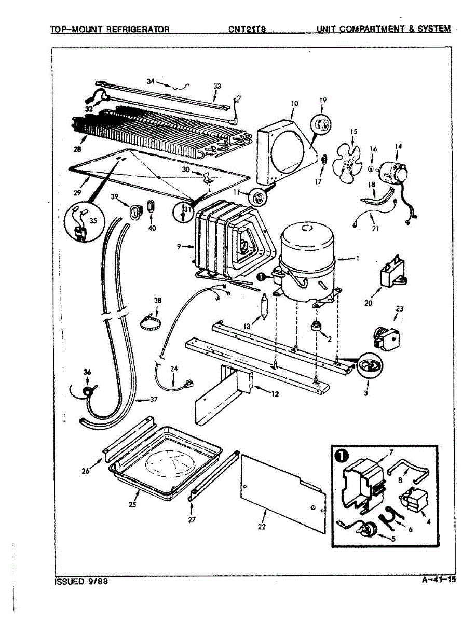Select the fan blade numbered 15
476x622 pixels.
[x=347, y=164]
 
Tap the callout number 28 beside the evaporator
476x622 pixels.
[x=77, y=149]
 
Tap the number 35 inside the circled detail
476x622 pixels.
[x=93, y=221]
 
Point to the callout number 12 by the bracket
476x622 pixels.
[x=275, y=394]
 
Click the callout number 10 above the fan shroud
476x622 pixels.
[x=294, y=103]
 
